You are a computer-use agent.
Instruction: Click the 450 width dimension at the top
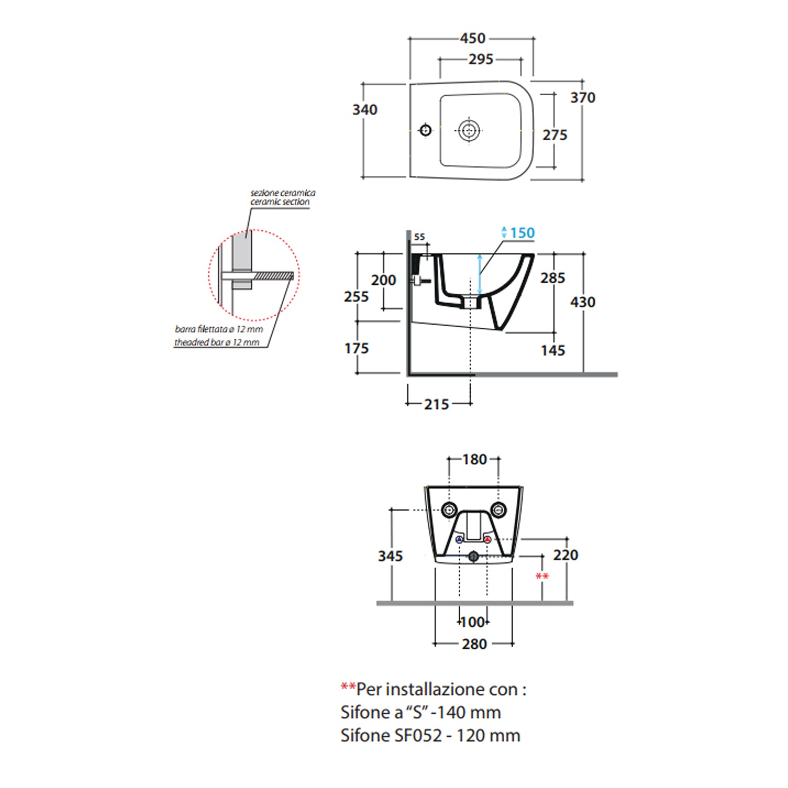point(473,38)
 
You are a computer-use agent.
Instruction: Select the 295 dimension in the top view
point(481,59)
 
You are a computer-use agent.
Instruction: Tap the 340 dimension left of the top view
point(365,110)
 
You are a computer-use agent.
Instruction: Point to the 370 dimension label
point(583,98)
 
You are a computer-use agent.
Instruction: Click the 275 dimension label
point(555,135)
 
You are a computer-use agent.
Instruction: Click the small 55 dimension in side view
point(419,237)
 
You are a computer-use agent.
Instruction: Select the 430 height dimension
point(583,302)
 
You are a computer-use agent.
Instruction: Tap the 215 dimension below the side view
point(437,405)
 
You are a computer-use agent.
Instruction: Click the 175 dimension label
point(357,348)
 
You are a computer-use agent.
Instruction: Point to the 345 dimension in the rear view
point(390,556)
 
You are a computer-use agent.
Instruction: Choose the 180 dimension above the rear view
point(475,460)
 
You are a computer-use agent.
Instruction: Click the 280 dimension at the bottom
point(474,644)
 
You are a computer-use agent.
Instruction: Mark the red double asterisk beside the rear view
point(542,577)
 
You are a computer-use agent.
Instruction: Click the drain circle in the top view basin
point(469,130)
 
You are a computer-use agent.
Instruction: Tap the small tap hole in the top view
point(426,129)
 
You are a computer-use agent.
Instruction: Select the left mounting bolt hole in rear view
point(449,510)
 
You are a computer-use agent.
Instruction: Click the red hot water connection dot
point(488,540)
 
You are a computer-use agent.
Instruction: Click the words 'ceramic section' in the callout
point(280,202)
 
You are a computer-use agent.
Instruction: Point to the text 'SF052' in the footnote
point(418,735)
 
